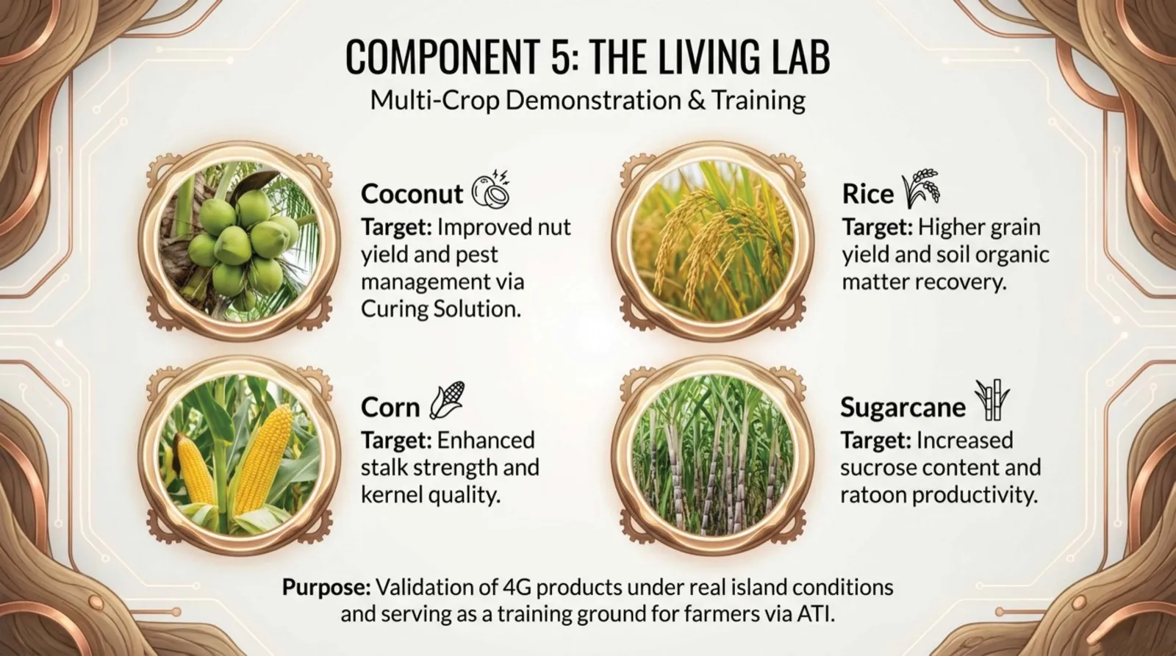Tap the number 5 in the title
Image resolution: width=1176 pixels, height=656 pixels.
point(558,57)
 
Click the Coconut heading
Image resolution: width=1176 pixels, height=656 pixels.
point(412,194)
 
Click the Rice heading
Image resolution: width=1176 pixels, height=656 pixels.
point(867,194)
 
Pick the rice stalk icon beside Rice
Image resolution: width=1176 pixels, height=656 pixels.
point(920,188)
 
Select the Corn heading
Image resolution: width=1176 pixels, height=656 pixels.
point(390,407)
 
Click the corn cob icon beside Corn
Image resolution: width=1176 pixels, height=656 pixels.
point(447,401)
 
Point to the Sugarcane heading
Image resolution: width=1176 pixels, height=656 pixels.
point(903,407)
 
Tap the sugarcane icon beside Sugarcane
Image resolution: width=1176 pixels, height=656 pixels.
point(992,401)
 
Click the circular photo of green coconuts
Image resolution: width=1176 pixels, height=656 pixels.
point(243,242)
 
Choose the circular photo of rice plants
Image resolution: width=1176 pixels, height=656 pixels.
point(714,242)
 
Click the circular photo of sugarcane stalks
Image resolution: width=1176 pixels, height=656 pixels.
point(714,455)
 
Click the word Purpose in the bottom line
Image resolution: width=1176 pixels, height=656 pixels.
point(325,588)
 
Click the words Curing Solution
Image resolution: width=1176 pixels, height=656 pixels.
point(440,309)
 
